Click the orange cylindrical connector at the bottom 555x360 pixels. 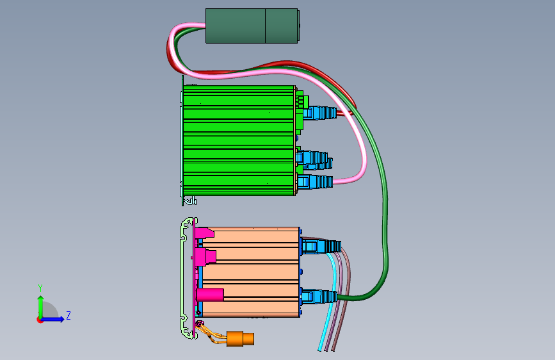click(239, 338)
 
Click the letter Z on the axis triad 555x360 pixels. click(68, 316)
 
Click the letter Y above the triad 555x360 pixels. click(40, 288)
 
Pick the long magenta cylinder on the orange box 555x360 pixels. click(210, 295)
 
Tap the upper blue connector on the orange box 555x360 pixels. click(320, 245)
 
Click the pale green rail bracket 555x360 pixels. click(186, 275)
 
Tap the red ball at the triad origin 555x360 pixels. click(40, 319)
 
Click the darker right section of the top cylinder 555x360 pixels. click(282, 26)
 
